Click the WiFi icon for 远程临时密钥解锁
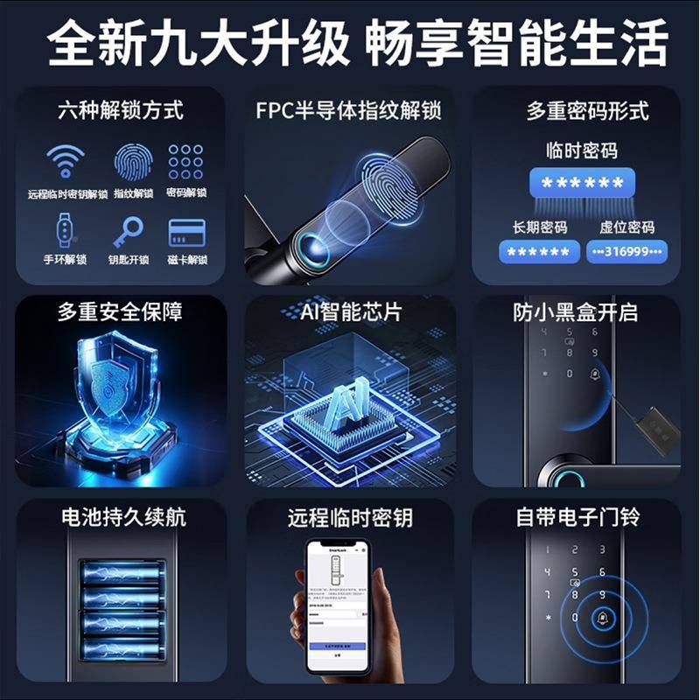click(x=66, y=162)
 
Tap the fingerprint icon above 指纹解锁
click(x=132, y=162)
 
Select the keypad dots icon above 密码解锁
click(x=185, y=162)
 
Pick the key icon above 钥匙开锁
click(x=129, y=232)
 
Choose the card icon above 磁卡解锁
click(x=186, y=232)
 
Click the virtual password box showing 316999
click(x=626, y=252)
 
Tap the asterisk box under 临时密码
click(x=582, y=184)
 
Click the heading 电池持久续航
click(x=122, y=517)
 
